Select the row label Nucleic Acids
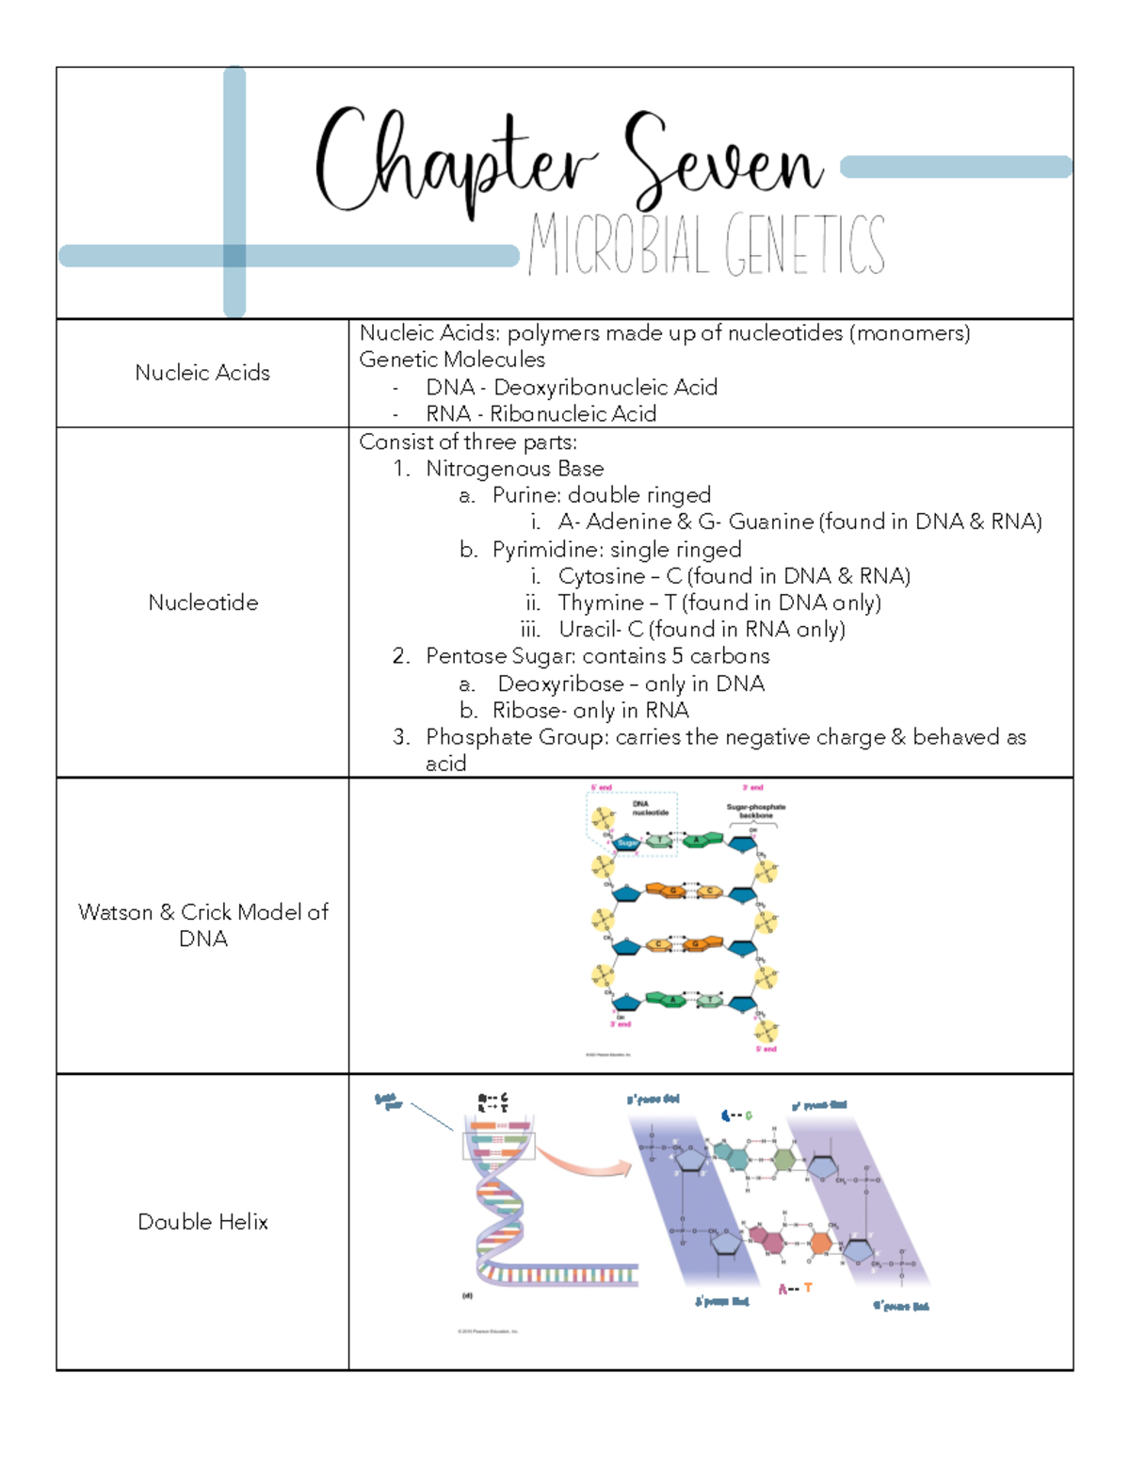pos(202,373)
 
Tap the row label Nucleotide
pos(202,602)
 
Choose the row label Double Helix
pos(202,1222)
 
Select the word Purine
pos(525,495)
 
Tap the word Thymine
pos(601,602)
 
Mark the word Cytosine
pos(602,576)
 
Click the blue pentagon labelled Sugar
pos(627,843)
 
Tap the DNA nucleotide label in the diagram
pos(649,808)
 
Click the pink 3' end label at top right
pos(753,788)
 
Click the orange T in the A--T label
pos(808,1288)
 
